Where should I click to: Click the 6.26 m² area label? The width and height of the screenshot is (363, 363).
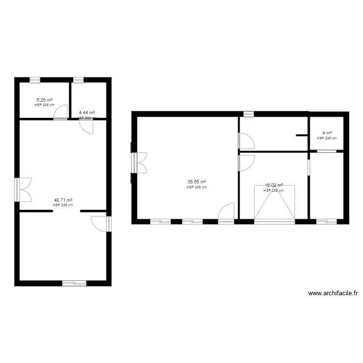[44, 100]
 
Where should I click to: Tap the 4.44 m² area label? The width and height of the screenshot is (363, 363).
[87, 112]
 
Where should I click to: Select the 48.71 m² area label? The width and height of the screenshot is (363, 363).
[63, 200]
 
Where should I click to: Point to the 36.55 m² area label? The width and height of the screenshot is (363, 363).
[197, 182]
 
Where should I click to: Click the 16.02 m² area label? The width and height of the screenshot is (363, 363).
[273, 185]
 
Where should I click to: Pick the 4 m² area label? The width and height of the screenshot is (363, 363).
[327, 133]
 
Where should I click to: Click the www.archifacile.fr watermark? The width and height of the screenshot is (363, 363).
[333, 293]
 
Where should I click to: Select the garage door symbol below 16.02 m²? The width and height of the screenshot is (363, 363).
[274, 203]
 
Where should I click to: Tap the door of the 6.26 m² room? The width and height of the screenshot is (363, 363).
[60, 112]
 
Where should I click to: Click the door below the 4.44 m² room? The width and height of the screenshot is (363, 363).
[86, 126]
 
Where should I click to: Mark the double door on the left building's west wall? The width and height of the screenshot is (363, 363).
[23, 189]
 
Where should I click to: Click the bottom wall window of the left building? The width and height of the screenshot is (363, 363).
[74, 283]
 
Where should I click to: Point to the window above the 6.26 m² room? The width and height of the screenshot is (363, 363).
[34, 80]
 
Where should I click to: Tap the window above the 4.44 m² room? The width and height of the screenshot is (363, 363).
[78, 80]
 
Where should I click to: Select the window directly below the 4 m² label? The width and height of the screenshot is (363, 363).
[327, 151]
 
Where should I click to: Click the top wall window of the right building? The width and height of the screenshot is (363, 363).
[248, 114]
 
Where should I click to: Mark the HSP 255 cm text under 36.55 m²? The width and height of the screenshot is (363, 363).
[197, 187]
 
